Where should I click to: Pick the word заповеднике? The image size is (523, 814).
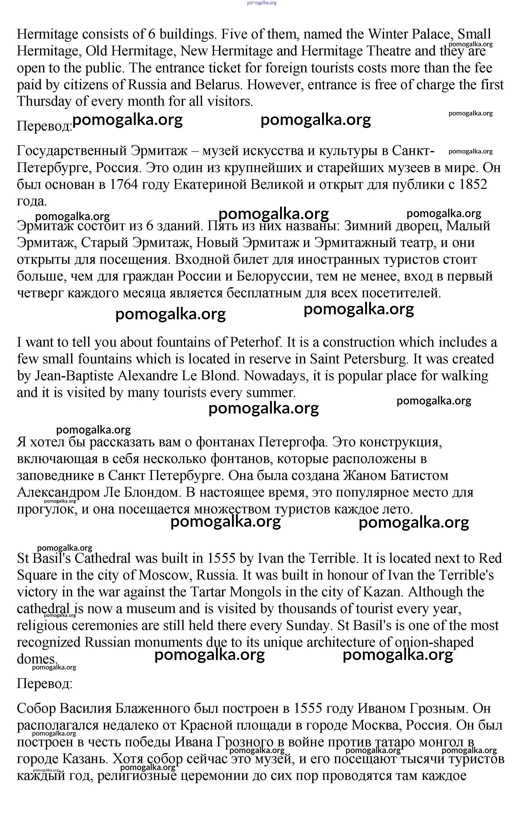(x=56, y=476)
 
